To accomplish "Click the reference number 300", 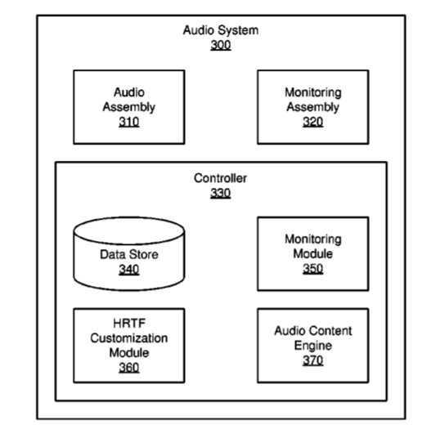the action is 221,45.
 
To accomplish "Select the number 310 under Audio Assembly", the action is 129,122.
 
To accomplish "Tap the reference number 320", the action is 312,122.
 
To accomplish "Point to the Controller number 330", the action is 221,193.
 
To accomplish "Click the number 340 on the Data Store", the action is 129,270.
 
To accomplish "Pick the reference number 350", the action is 312,269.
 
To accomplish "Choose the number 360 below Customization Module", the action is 129,368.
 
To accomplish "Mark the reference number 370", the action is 312,360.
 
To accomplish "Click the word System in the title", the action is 238,30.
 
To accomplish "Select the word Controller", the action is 221,178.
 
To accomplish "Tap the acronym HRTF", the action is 129,324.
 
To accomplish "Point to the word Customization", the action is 129,338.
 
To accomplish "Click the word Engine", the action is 312,346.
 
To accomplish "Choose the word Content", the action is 333,331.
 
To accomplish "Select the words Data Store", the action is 129,254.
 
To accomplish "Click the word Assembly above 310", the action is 129,108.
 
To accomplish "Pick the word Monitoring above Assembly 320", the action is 313,93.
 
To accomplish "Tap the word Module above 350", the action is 312,253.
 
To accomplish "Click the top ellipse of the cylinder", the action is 129,217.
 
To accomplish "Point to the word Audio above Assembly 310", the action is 129,92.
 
